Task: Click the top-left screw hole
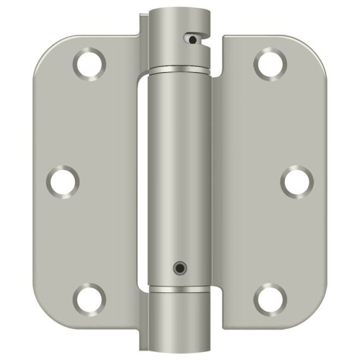tap(89, 64)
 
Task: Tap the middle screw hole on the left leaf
tap(63, 181)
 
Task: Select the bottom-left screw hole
tap(89, 298)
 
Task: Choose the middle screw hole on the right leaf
tap(297, 181)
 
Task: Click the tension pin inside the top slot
tap(193, 39)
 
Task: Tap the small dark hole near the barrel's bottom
tap(178, 267)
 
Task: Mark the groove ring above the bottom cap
tap(179, 287)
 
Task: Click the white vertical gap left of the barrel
tap(142, 180)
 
